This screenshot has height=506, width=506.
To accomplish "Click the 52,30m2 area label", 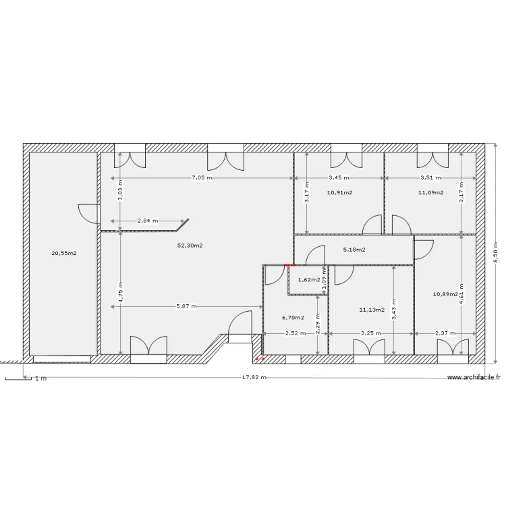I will pos(190,246).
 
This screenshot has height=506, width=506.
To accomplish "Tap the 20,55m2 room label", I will pos(64,254).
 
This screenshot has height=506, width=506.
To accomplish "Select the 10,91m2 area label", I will pos(339,192).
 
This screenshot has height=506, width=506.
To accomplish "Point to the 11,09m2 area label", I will pos(430,192).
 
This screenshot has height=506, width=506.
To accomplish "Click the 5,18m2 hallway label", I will pos(354,250).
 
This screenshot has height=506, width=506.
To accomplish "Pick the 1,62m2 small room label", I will pos(308,279).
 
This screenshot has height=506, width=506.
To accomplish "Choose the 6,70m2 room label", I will pos(293,317).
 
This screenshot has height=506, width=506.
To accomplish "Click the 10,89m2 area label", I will pos(446,294).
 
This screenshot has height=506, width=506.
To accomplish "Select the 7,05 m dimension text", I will pos(202,178).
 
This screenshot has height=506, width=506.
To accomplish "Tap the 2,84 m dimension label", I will pos(147,221).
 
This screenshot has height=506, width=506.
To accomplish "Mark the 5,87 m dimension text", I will pos(186,306).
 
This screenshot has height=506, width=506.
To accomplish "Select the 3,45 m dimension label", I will pos(339,178).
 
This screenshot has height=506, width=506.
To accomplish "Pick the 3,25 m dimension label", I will pos(370,333).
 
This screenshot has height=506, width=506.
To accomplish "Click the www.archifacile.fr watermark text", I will pos(474,378).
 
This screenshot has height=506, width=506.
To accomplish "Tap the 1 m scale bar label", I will pos(40,378).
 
